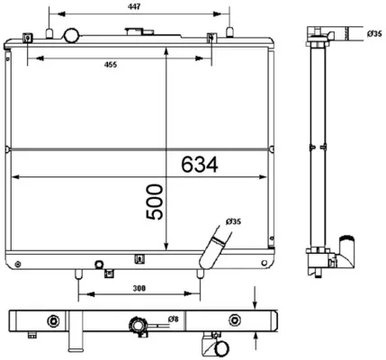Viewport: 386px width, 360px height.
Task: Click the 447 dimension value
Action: [134, 6]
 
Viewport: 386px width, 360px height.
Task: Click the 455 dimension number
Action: [111, 65]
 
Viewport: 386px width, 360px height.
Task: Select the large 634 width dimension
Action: [200, 165]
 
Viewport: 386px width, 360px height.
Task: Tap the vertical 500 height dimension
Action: [155, 202]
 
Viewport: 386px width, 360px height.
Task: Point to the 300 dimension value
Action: [139, 288]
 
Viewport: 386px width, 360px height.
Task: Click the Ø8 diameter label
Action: [174, 319]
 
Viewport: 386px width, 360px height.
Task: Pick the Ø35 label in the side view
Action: [374, 34]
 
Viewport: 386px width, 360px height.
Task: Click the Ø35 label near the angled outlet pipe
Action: [234, 221]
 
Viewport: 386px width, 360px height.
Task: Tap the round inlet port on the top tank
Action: [72, 35]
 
